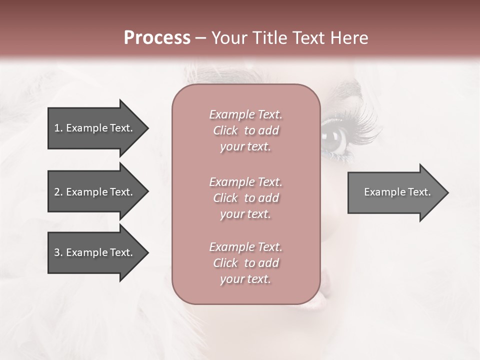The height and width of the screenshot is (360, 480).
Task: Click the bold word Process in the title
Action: [x=157, y=38]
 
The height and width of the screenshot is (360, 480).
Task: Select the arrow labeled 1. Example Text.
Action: [x=95, y=128]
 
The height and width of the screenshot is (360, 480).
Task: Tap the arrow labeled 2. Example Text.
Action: [x=95, y=192]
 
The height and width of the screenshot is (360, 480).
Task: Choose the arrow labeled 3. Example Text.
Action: [x=95, y=252]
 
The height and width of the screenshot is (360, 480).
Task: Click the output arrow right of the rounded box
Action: [x=395, y=192]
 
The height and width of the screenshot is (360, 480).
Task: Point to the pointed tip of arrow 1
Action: [x=147, y=128]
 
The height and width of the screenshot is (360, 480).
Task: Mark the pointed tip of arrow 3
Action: [x=147, y=252]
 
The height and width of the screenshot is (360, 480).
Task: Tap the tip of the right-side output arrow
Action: [x=447, y=192]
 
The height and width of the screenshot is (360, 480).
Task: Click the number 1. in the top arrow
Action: [x=58, y=128]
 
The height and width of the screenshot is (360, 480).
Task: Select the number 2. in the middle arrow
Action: [x=58, y=192]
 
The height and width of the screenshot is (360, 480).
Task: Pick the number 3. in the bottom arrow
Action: [x=58, y=252]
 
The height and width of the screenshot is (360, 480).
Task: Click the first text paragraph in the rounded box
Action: [x=245, y=130]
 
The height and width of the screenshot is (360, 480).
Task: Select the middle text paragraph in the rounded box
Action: [x=245, y=198]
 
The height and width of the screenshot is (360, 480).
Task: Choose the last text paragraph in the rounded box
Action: [x=245, y=263]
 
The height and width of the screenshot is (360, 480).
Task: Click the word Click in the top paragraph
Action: [x=225, y=130]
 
